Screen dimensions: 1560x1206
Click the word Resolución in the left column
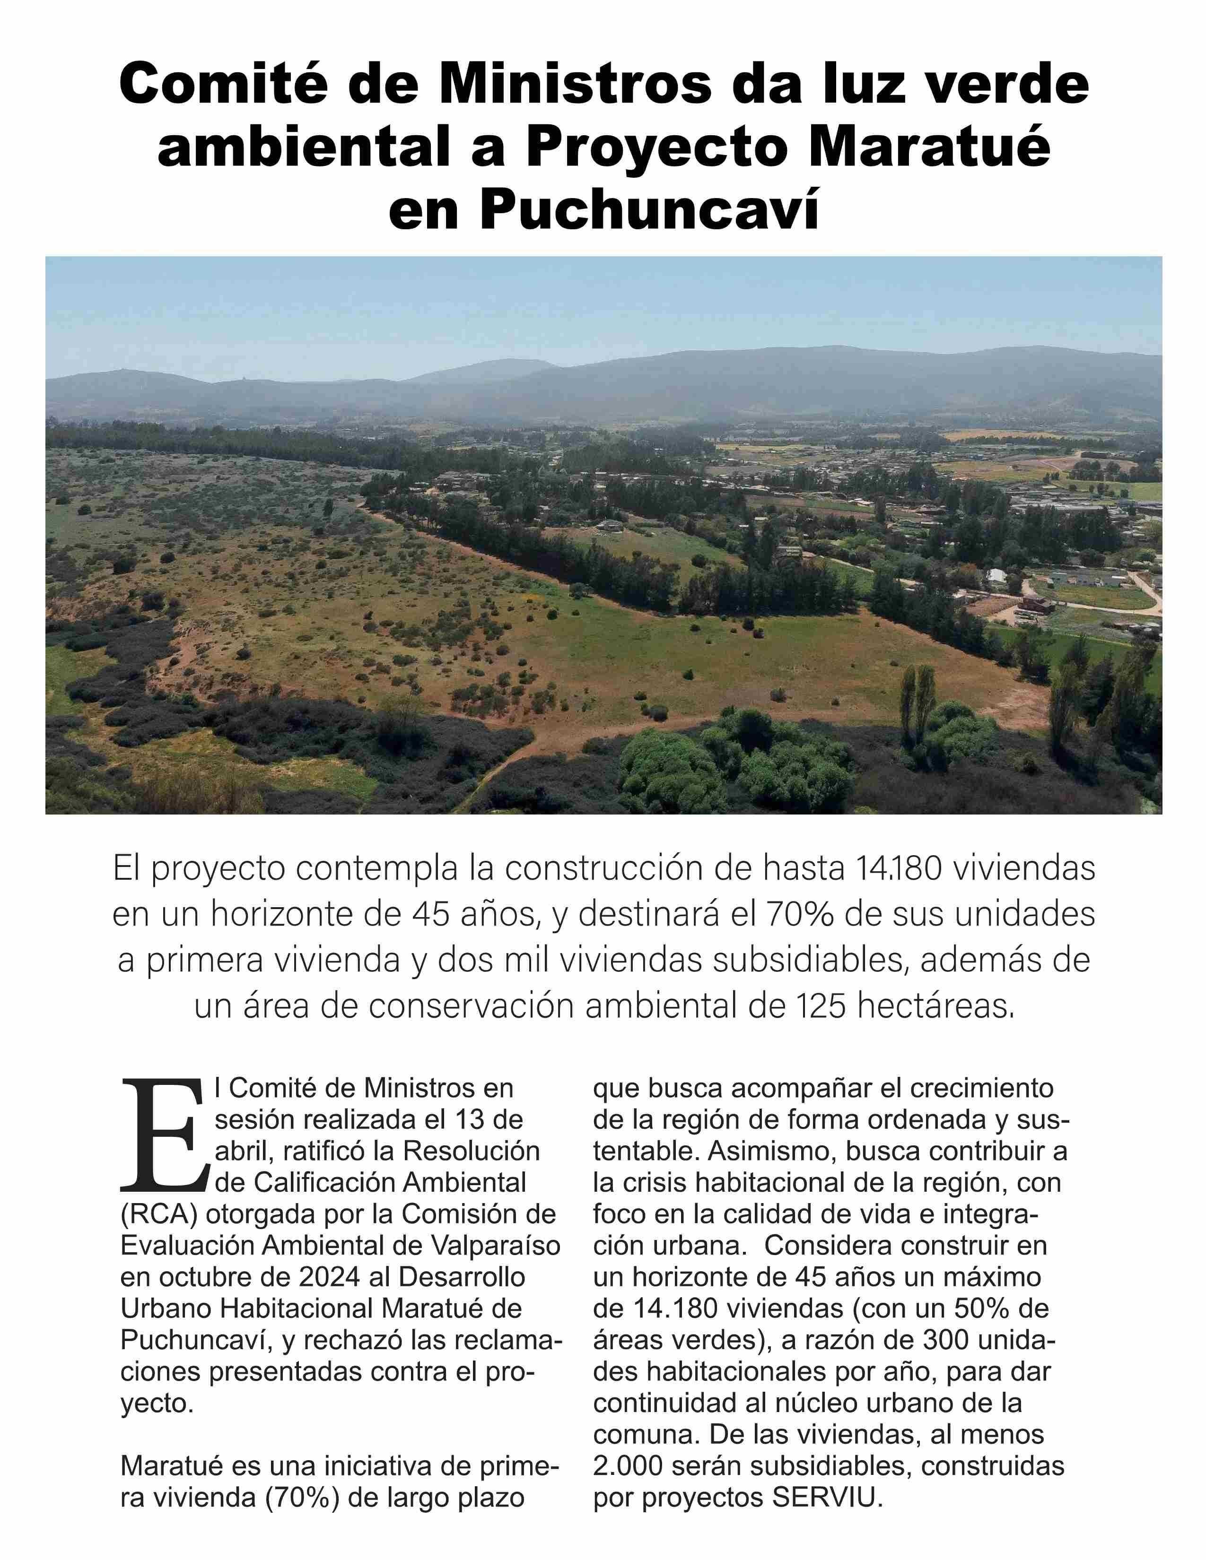point(471,1152)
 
